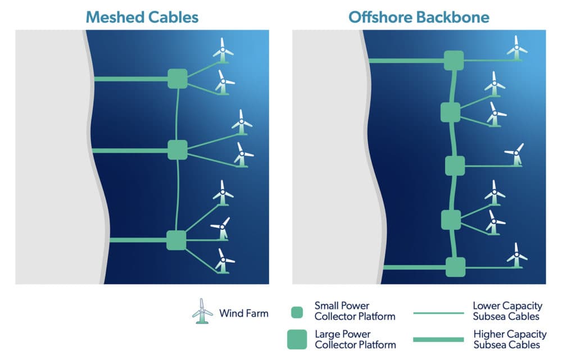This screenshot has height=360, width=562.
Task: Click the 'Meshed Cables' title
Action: (142, 17)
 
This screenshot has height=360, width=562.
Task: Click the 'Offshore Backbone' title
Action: (419, 17)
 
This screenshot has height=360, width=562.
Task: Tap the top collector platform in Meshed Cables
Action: (177, 79)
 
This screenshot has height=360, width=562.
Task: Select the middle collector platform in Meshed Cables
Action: (177, 150)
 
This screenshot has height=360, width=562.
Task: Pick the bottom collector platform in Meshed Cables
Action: (176, 240)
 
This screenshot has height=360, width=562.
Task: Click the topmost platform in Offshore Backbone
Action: (454, 60)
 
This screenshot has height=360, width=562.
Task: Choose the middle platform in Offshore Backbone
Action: (455, 166)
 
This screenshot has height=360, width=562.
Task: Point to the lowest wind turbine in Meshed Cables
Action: (224, 261)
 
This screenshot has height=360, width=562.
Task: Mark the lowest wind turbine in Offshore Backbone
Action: (516, 257)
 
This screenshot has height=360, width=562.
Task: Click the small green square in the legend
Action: (297, 312)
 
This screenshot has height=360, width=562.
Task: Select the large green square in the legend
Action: (297, 339)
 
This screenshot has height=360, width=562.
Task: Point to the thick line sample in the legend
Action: (439, 339)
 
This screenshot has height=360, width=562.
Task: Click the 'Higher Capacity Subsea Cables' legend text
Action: (507, 339)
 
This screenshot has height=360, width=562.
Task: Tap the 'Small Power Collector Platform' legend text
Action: (355, 311)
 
